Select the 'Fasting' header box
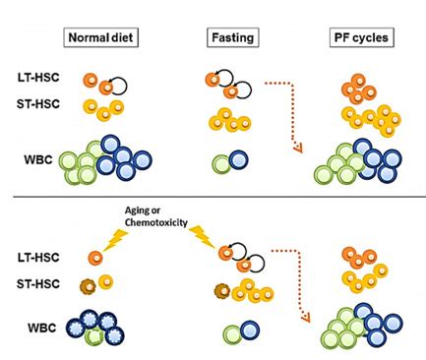[232, 40]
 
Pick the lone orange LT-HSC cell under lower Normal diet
[93, 259]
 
